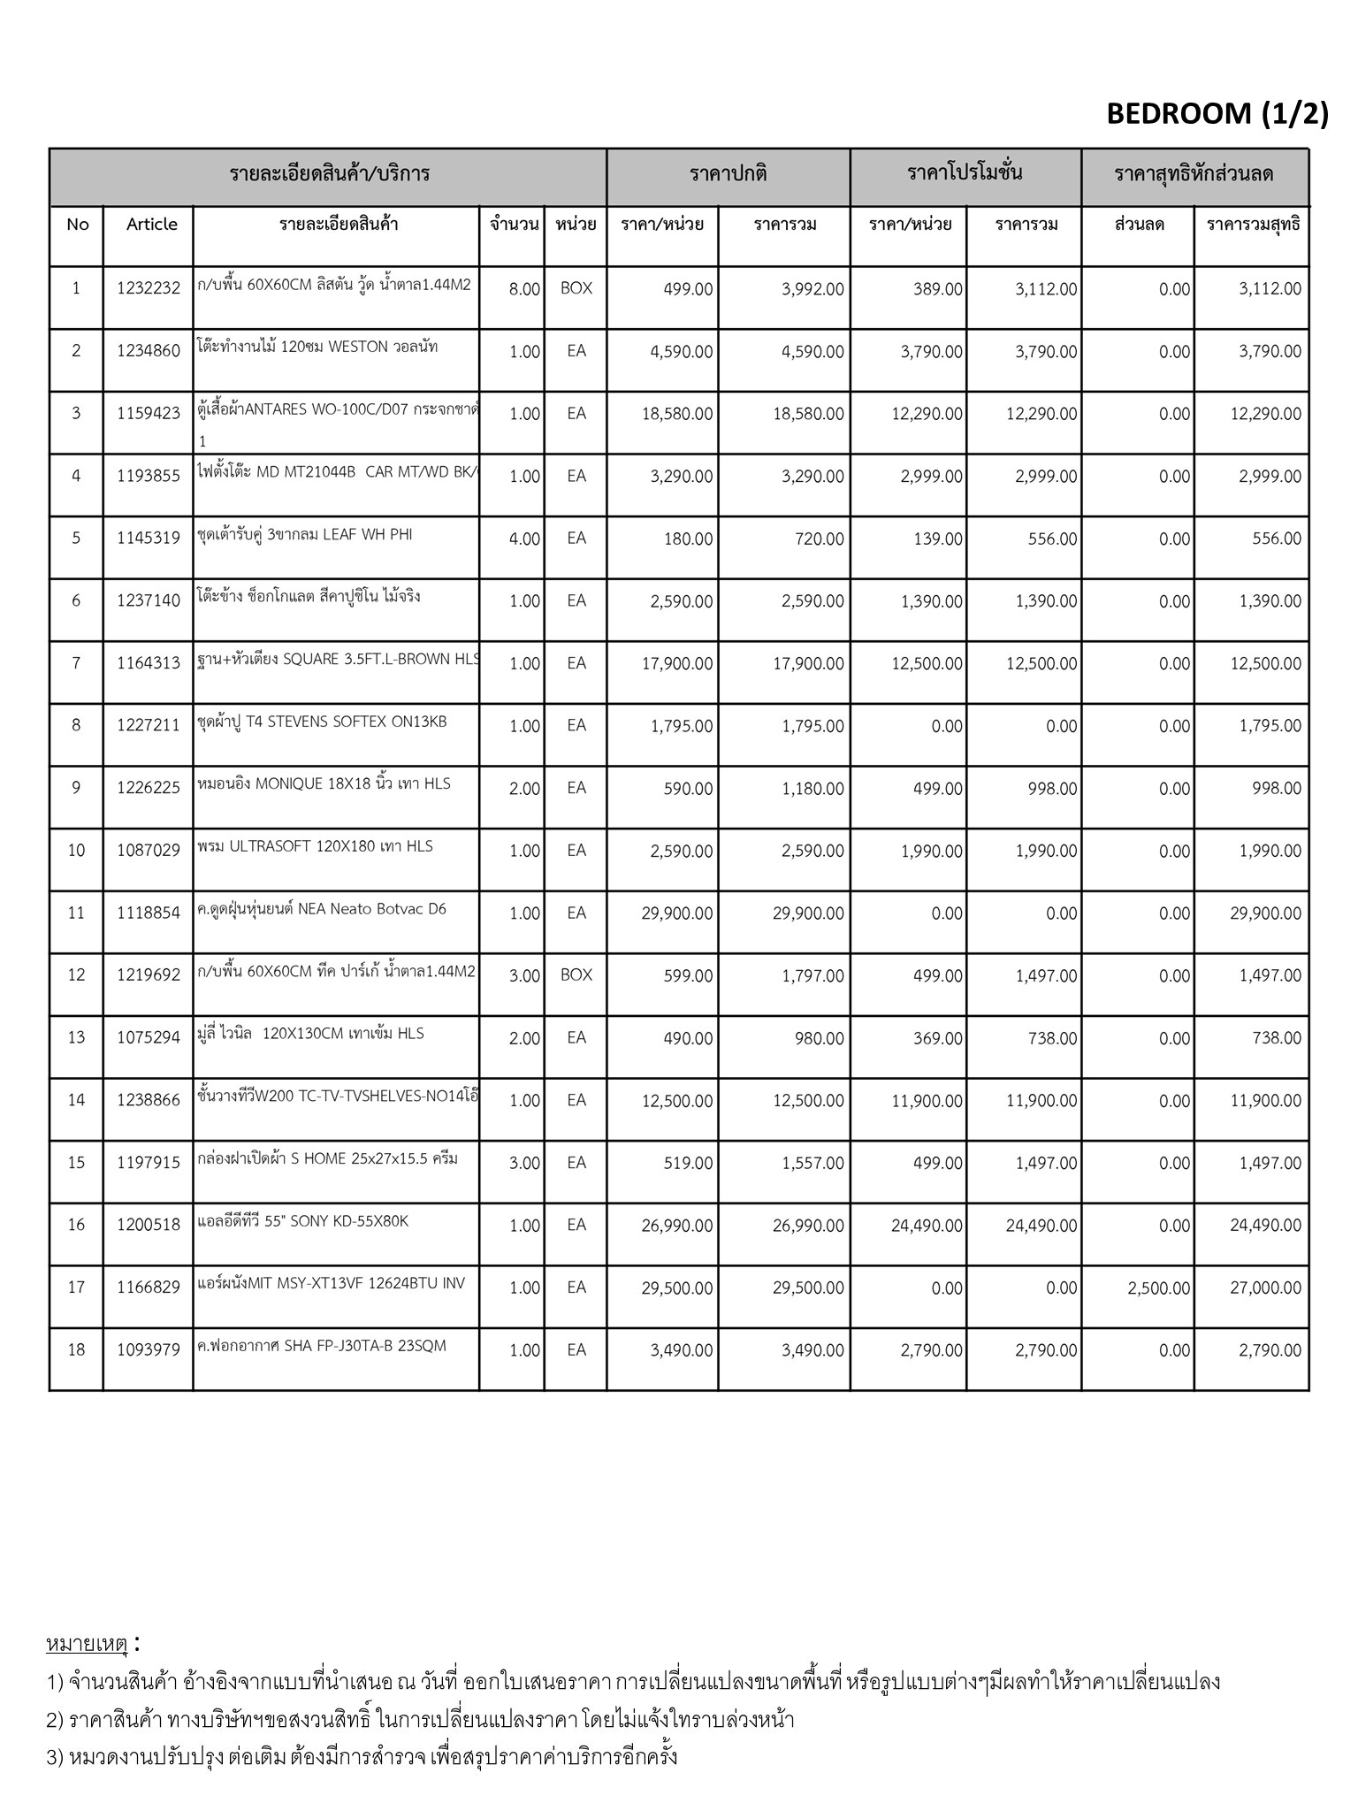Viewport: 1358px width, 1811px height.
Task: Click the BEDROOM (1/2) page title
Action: point(1217,114)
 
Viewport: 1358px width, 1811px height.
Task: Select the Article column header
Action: point(151,225)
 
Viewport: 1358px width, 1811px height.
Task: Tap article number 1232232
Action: point(149,288)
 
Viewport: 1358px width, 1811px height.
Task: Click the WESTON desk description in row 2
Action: point(317,347)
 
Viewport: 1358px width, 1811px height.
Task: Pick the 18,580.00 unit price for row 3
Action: point(677,414)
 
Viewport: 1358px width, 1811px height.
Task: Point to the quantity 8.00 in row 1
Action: point(524,289)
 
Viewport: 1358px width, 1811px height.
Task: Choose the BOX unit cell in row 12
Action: point(576,975)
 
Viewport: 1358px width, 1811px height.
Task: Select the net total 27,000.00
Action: point(1265,1288)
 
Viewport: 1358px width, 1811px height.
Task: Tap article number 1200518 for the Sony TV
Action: point(149,1226)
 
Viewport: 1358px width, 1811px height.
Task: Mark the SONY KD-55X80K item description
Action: point(303,1222)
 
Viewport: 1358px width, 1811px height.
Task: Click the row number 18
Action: point(76,1350)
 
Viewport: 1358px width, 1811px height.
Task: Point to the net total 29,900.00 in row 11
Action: point(1265,913)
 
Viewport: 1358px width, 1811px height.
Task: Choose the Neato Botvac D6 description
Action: point(322,909)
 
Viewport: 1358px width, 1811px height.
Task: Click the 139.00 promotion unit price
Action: point(938,539)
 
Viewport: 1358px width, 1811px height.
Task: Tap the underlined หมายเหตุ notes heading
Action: point(87,1644)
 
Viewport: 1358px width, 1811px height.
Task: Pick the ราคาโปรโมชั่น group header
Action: point(965,173)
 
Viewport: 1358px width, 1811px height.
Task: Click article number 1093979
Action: point(149,1350)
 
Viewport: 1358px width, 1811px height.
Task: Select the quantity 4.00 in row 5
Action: point(524,539)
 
